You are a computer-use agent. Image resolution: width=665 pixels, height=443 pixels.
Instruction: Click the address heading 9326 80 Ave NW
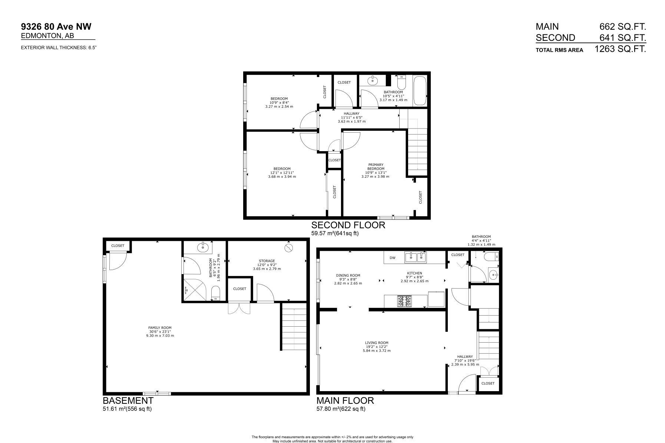point(56,26)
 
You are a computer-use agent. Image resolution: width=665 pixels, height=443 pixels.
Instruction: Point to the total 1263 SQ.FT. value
point(620,49)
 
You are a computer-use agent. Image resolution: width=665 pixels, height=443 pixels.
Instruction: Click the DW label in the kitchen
point(392,257)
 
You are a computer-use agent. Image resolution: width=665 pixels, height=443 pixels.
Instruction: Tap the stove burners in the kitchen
point(404,302)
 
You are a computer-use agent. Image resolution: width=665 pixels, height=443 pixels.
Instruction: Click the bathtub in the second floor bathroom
point(420,91)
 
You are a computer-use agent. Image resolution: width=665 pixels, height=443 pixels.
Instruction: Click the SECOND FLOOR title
point(348,225)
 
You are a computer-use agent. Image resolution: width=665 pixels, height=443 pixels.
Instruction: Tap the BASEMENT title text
point(128,400)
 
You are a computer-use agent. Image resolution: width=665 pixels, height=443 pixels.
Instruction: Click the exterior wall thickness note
point(59,47)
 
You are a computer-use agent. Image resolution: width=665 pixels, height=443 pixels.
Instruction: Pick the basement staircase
point(294,326)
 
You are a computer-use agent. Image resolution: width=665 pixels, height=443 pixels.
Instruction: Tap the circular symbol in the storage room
point(288,248)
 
